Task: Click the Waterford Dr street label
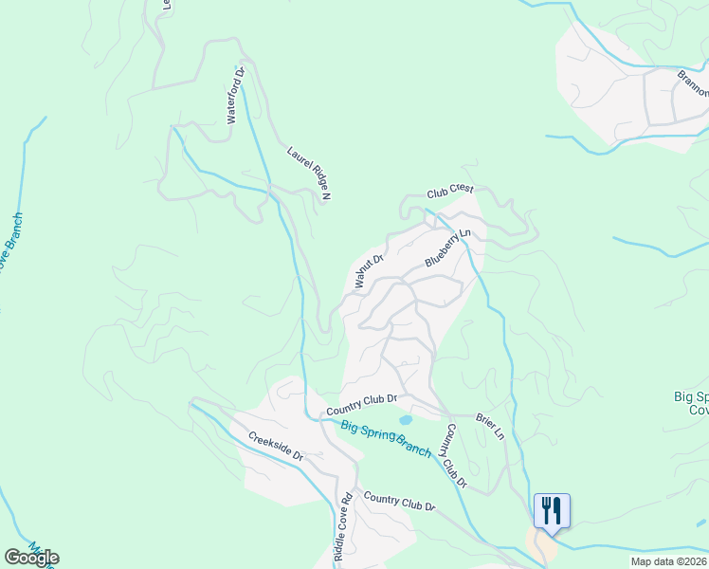pos(235,95)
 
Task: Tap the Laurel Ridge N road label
pos(308,173)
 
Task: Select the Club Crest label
pos(449,191)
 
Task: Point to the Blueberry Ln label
pos(447,248)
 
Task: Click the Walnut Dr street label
pos(368,271)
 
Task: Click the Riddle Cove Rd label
pos(343,529)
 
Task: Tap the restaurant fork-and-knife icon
pos(551,510)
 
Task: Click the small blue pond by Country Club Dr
pos(406,419)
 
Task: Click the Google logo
pos(31,557)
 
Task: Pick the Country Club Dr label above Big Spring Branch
pos(361,405)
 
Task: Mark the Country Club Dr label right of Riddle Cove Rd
pos(398,503)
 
